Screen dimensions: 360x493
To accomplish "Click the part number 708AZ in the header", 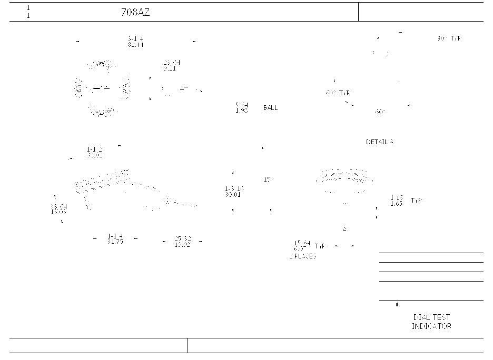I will coord(135,13).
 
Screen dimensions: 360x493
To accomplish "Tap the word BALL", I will coord(270,108).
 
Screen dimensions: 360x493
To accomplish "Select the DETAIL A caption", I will coord(380,142).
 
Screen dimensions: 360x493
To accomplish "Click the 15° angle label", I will coord(269,179).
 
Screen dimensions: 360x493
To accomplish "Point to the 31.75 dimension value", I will coord(115,242).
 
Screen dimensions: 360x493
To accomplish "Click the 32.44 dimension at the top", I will coord(135,45).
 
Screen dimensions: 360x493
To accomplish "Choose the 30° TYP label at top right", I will coord(449,38).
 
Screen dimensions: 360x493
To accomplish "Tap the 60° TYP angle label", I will coord(338,93).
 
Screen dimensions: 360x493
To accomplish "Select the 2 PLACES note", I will coord(303,256).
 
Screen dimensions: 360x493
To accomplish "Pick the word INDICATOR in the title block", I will coord(431,326).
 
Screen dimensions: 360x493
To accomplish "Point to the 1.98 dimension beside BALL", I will coord(242,111).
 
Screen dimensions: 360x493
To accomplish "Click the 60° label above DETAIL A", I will coord(380,112).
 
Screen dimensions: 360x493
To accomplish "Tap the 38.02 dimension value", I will coord(95,155).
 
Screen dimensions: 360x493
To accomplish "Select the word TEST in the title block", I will coord(441,317).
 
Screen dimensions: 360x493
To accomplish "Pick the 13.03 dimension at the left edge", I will coord(58,212).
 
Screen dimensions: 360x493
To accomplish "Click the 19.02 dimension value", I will coord(182,245).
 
